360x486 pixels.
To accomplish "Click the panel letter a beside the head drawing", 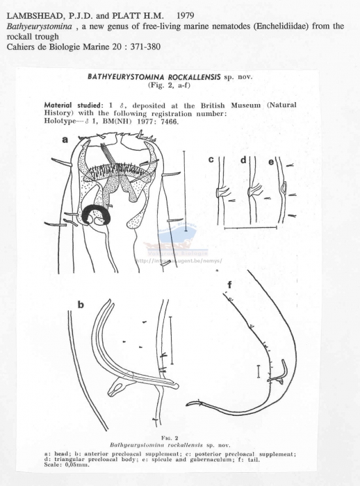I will coord(65,140).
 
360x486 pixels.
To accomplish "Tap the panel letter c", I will coord(211,160).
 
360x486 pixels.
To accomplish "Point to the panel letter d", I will coord(244,160).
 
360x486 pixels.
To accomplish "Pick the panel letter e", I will coord(270,161).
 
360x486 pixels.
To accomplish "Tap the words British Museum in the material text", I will coord(232,105).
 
